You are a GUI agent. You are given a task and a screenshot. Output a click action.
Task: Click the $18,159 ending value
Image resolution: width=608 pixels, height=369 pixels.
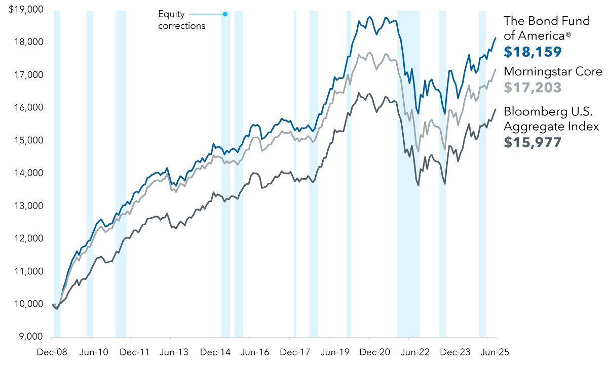click(x=533, y=52)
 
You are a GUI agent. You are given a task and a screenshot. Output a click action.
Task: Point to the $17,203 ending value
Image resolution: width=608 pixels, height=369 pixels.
click(x=533, y=88)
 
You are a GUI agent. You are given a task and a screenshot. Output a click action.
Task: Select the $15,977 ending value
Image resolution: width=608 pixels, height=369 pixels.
click(x=533, y=142)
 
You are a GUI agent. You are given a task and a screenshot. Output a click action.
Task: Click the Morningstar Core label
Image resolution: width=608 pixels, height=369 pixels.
click(x=553, y=71)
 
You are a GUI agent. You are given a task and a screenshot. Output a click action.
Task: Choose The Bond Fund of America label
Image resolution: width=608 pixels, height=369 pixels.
click(x=547, y=28)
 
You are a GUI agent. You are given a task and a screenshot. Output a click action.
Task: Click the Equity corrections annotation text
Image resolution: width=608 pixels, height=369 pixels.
click(x=181, y=20)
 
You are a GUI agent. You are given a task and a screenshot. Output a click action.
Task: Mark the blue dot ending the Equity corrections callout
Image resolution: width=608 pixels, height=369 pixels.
click(x=225, y=14)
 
